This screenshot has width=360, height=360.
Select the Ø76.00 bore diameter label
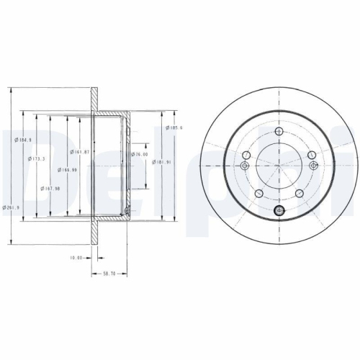click(x=139, y=154)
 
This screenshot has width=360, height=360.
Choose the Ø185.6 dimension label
click(x=174, y=127)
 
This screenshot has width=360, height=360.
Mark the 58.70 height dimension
click(x=109, y=274)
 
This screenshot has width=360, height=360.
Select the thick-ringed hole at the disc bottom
click(x=279, y=210)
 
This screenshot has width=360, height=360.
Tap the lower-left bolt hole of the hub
click(x=258, y=193)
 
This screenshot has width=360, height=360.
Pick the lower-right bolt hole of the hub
click(x=300, y=193)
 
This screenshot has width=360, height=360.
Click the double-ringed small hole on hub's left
click(x=245, y=166)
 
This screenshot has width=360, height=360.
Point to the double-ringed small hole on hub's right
click(x=313, y=166)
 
